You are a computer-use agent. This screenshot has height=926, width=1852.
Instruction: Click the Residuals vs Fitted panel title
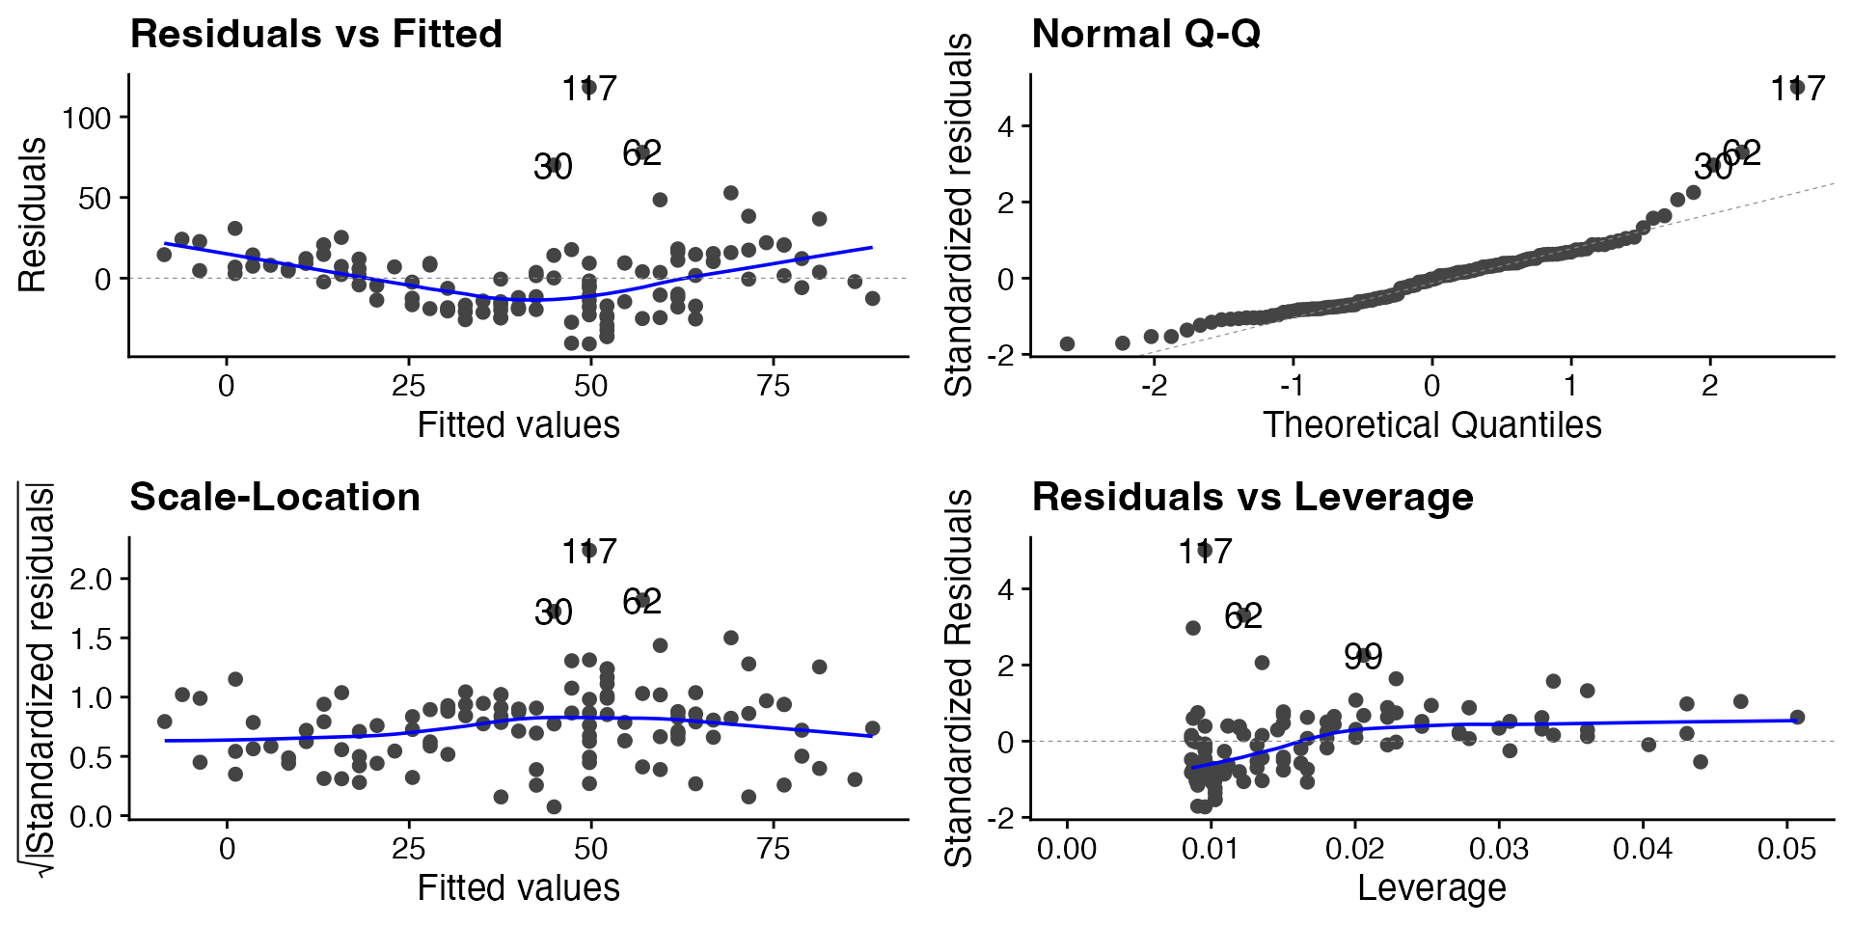click(315, 35)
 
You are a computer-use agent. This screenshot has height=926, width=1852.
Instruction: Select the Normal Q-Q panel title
click(1146, 35)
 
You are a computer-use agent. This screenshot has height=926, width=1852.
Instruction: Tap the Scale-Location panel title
click(275, 498)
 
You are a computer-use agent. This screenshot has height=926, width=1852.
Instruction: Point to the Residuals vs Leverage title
click(1252, 498)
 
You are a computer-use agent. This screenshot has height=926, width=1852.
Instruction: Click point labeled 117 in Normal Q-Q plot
click(1797, 88)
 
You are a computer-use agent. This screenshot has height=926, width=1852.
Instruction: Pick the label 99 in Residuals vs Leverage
click(1363, 657)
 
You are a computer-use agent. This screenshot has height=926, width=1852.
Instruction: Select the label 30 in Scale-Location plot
click(553, 613)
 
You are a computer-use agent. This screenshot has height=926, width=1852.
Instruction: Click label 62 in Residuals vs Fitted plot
click(641, 152)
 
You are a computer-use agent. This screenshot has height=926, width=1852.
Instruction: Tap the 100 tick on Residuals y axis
click(87, 118)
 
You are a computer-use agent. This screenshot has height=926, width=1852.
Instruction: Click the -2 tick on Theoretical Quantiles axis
click(1154, 386)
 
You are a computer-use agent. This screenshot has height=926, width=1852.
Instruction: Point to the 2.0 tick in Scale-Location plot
click(92, 579)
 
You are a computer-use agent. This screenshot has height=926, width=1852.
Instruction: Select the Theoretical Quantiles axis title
click(1431, 425)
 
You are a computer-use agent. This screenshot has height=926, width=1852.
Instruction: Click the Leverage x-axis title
click(1431, 888)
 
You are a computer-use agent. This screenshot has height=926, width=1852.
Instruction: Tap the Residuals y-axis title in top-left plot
click(33, 214)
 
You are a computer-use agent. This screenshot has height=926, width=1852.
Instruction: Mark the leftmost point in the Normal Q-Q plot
click(1067, 343)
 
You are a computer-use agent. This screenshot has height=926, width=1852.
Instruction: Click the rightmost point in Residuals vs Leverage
click(1797, 717)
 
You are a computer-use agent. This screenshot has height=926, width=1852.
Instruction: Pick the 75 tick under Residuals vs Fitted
click(774, 386)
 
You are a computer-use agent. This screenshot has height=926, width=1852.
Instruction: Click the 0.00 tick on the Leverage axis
click(1067, 849)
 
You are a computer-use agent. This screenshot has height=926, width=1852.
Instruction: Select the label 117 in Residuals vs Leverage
click(1205, 552)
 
